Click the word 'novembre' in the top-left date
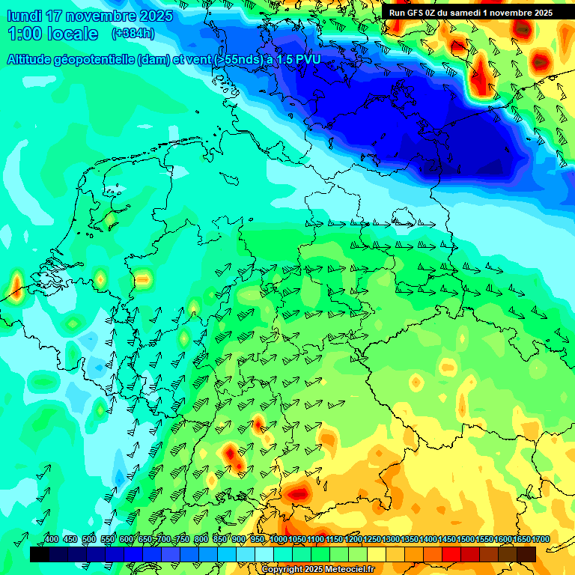point(102,16)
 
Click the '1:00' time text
point(22,34)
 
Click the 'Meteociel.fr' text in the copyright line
point(345,570)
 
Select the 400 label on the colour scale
point(52,540)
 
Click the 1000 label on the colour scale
point(278,540)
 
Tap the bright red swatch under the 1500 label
point(451,554)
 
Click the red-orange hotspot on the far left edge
point(16,286)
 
